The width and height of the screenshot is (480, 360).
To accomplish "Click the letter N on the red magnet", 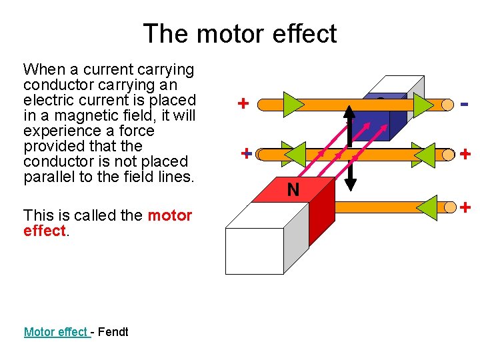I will click(293, 191).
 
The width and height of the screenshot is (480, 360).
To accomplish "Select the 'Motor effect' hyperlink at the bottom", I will click(56, 331).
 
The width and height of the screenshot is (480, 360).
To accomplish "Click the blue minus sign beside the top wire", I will click(464, 105).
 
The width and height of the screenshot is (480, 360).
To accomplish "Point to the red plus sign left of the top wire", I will click(244, 103).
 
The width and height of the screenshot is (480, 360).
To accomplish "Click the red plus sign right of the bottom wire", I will click(466, 207).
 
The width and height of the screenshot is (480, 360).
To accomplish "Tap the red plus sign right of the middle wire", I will click(465, 155).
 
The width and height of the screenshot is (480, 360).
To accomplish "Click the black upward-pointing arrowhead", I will click(349, 111).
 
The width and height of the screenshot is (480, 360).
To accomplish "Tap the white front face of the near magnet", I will click(254, 251).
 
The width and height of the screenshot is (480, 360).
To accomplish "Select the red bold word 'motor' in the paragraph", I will click(169, 215).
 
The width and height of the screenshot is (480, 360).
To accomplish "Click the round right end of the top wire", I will click(446, 105).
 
